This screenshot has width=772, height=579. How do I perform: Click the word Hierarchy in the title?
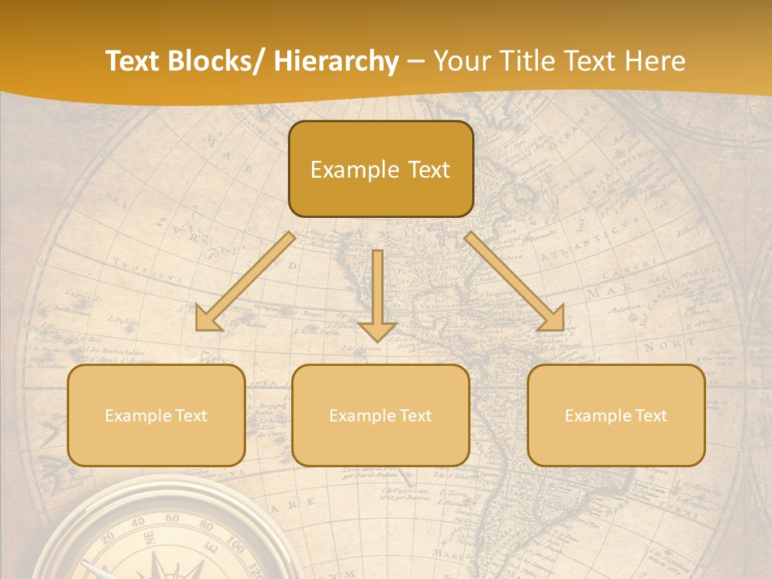(x=336, y=62)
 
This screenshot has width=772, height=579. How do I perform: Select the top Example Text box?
(x=380, y=170)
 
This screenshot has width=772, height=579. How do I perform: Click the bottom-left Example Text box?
(x=156, y=416)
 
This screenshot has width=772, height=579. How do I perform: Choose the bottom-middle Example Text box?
(x=380, y=416)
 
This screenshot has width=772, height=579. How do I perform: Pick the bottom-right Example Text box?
(x=616, y=416)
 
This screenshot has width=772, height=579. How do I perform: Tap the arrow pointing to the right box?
(x=515, y=281)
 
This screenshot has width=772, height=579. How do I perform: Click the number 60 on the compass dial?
(x=171, y=519)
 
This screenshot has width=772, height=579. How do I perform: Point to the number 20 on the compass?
(x=109, y=538)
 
